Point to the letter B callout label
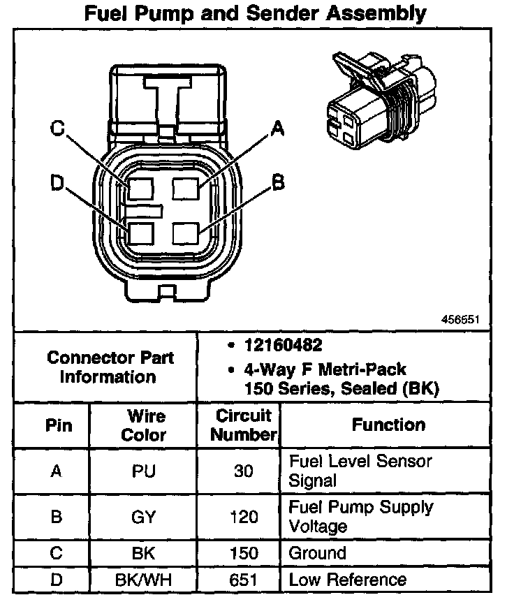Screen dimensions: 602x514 (278, 183)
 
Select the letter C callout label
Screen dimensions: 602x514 (58, 128)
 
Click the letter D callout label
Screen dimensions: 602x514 (58, 183)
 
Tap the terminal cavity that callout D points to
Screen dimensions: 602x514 (140, 233)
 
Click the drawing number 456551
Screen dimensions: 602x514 (460, 320)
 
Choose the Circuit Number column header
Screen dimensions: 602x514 (244, 425)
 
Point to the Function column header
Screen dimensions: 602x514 (388, 425)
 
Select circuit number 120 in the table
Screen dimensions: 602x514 (243, 517)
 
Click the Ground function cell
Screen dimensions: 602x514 (318, 553)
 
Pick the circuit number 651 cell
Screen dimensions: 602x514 (243, 580)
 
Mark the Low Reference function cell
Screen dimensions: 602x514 (347, 580)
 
